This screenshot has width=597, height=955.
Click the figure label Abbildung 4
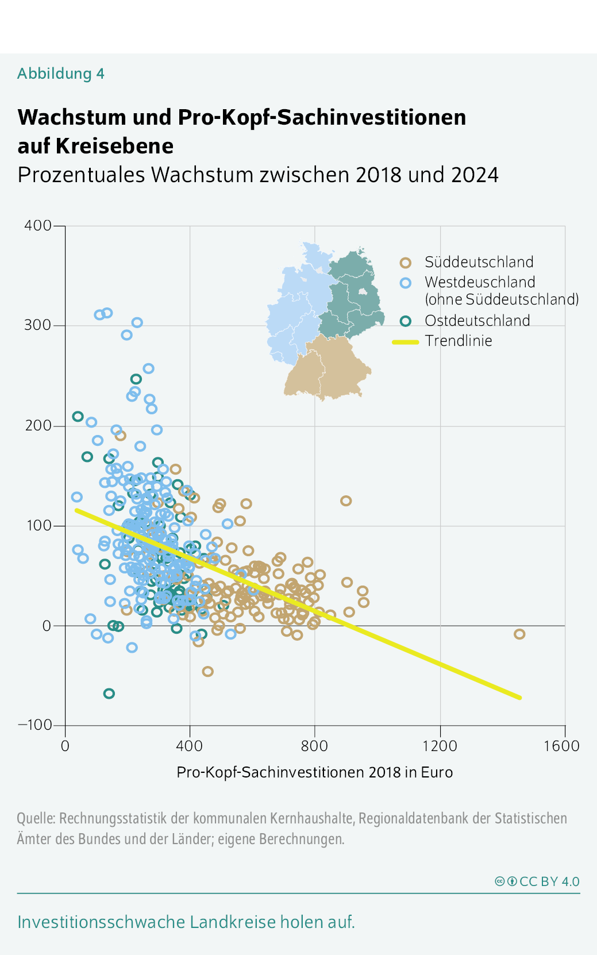60,74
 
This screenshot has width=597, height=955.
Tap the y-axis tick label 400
38,225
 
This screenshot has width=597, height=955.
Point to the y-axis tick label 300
38,325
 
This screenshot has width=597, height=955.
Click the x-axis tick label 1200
440,746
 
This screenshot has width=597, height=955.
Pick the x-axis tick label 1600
561,746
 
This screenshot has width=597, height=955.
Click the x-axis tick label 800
314,746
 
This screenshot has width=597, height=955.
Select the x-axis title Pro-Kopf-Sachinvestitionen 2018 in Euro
314,772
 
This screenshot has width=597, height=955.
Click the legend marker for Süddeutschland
405,263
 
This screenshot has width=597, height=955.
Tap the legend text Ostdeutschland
477,321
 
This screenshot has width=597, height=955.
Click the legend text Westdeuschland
480,282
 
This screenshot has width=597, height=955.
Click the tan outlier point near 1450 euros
519,634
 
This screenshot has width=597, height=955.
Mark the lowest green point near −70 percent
109,694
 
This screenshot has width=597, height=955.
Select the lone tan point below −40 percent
207,671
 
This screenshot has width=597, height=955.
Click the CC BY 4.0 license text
549,881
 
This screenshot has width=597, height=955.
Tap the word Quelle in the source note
35,818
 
